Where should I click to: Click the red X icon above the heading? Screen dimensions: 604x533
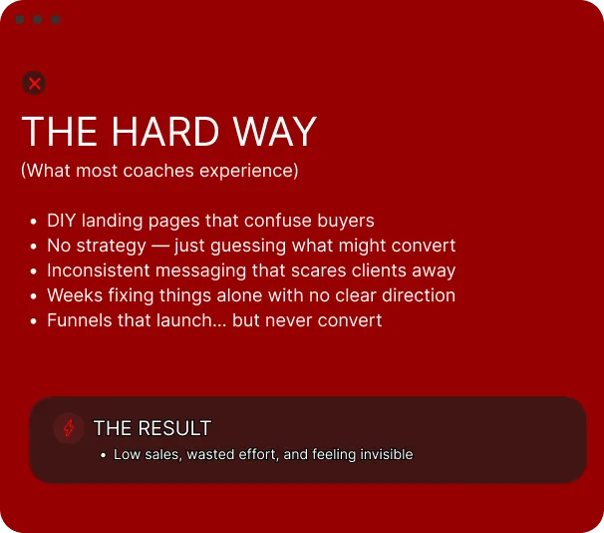click(x=34, y=83)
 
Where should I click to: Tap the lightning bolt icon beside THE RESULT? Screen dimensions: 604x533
click(x=69, y=428)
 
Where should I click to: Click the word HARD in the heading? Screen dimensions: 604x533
click(x=165, y=132)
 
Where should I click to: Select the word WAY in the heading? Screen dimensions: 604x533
click(x=275, y=132)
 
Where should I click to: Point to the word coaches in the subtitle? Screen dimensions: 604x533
click(x=158, y=171)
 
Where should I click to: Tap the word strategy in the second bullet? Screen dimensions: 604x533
click(x=112, y=247)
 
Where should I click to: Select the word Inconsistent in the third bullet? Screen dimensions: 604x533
click(x=99, y=270)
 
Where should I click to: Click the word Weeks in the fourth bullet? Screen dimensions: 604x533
click(x=75, y=295)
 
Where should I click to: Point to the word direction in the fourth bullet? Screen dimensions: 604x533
click(x=419, y=295)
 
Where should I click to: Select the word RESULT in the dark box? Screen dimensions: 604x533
click(x=174, y=428)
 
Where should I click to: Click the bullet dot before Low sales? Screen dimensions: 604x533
click(x=103, y=455)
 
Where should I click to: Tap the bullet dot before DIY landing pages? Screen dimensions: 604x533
click(x=34, y=222)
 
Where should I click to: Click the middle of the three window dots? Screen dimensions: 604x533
click(x=37, y=19)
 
